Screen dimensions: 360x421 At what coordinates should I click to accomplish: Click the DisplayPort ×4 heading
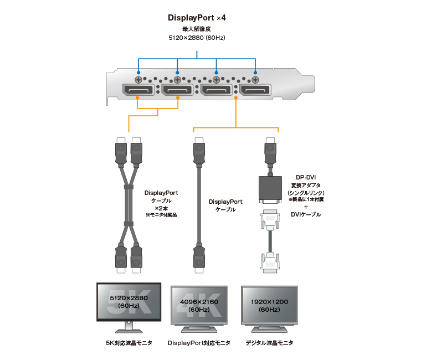(197, 18)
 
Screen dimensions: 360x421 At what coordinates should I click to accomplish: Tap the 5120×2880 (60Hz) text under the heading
(197, 38)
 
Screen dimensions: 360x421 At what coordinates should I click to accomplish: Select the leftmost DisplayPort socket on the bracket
(138, 90)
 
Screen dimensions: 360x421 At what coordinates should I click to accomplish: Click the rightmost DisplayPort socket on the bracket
(255, 90)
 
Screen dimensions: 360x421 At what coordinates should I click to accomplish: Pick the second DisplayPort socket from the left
(177, 90)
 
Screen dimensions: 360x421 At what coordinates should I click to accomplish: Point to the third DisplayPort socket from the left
(217, 90)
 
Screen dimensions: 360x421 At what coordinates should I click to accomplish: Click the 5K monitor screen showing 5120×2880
(129, 301)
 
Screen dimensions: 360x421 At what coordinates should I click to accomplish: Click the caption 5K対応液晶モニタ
(129, 343)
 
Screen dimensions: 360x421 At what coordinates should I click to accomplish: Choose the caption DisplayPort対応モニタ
(199, 343)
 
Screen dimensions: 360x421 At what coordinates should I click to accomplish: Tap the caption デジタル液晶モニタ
(269, 343)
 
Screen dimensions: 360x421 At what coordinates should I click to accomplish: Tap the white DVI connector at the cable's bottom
(270, 261)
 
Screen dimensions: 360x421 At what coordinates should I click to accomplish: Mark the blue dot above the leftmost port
(138, 72)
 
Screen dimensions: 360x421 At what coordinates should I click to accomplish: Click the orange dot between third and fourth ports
(236, 99)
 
